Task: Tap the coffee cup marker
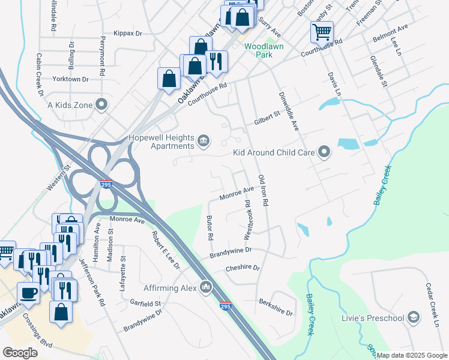click(28, 293)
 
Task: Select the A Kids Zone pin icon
click(102, 105)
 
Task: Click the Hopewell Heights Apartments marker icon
click(203, 142)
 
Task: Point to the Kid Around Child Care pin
click(325, 152)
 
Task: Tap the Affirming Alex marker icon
click(206, 288)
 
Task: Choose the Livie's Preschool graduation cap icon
click(413, 316)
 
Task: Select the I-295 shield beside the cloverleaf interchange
click(106, 185)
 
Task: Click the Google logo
click(20, 353)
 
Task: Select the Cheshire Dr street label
click(243, 268)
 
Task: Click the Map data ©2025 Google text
click(411, 355)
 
